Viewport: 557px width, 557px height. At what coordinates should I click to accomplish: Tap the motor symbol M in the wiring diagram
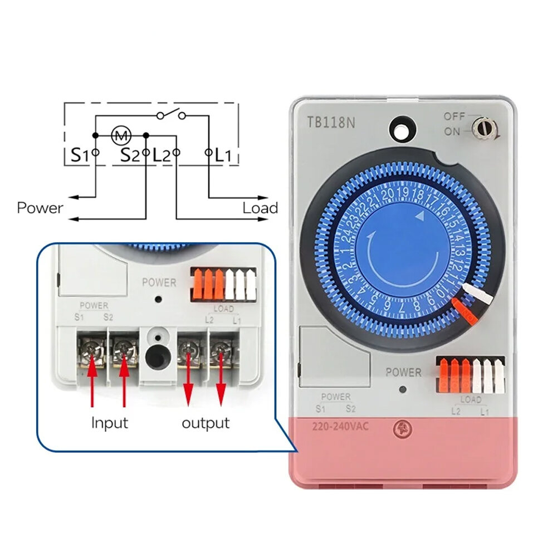[120, 134]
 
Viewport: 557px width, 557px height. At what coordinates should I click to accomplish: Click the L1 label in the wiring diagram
[223, 155]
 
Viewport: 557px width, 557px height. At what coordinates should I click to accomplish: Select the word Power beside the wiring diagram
[40, 208]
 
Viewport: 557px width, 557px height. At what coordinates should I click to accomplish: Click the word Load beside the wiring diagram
[260, 208]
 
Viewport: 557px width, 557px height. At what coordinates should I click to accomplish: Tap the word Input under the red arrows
[110, 423]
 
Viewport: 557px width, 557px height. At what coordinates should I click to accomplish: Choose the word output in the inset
[206, 423]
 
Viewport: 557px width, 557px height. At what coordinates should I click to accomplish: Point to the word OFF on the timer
[454, 116]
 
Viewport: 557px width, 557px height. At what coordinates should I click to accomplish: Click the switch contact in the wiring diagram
[171, 115]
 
